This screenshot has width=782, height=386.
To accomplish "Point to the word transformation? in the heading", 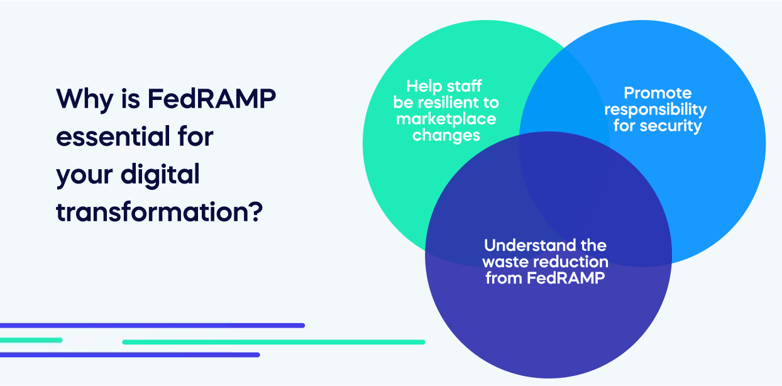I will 158,212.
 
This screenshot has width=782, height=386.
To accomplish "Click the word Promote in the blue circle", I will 658,94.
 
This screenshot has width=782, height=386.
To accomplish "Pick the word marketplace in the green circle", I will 446,119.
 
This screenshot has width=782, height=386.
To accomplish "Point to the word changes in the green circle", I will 446,135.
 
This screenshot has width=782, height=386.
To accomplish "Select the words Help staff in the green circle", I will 444,86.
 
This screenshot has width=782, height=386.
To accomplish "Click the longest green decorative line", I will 273,342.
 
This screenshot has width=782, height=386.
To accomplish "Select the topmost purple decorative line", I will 151,325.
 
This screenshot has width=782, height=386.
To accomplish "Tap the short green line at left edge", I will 30,340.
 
